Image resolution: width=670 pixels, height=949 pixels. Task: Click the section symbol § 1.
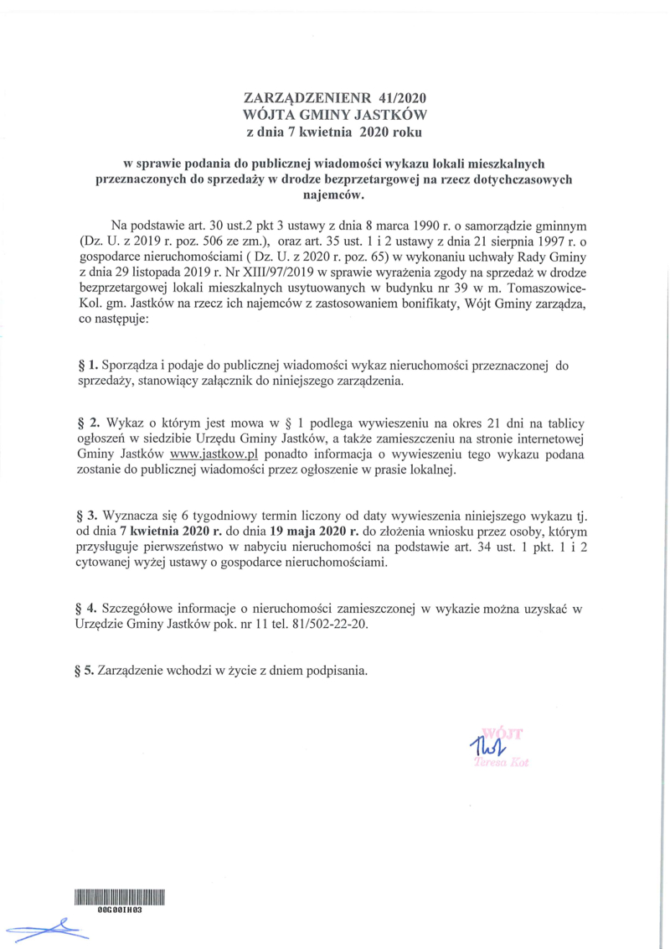click(87, 365)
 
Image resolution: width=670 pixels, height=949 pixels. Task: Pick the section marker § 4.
click(88, 606)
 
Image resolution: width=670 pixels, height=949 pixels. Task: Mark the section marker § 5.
click(87, 671)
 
